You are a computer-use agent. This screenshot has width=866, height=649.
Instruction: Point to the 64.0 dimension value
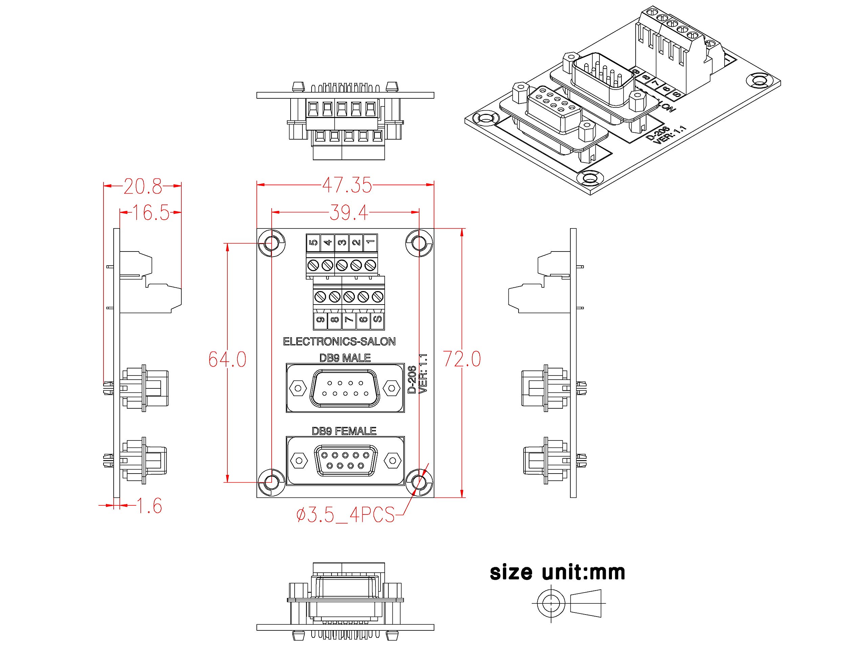pyautogui.click(x=227, y=359)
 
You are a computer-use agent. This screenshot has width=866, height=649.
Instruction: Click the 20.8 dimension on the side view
pyautogui.click(x=142, y=186)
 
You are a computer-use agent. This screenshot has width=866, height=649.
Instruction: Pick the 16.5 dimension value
pyautogui.click(x=151, y=213)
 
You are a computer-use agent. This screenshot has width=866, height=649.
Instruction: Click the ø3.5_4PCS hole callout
pyautogui.click(x=345, y=515)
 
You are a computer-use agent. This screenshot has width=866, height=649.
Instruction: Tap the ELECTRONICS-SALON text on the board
pyautogui.click(x=339, y=341)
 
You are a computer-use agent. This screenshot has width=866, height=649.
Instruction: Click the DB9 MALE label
pyautogui.click(x=345, y=358)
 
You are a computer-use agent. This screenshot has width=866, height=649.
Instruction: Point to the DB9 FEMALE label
pyautogui.click(x=344, y=431)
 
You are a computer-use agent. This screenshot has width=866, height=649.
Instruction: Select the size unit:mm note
pyautogui.click(x=557, y=572)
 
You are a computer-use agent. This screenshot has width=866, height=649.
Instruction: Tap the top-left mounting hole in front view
pyautogui.click(x=271, y=243)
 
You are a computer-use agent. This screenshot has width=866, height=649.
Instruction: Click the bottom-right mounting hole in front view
pyautogui.click(x=419, y=482)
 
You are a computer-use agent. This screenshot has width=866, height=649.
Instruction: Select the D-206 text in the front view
pyautogui.click(x=412, y=380)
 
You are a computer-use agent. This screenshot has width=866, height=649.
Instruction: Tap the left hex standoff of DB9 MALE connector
pyautogui.click(x=298, y=388)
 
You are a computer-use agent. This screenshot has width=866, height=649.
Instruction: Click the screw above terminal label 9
pyautogui.click(x=320, y=297)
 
